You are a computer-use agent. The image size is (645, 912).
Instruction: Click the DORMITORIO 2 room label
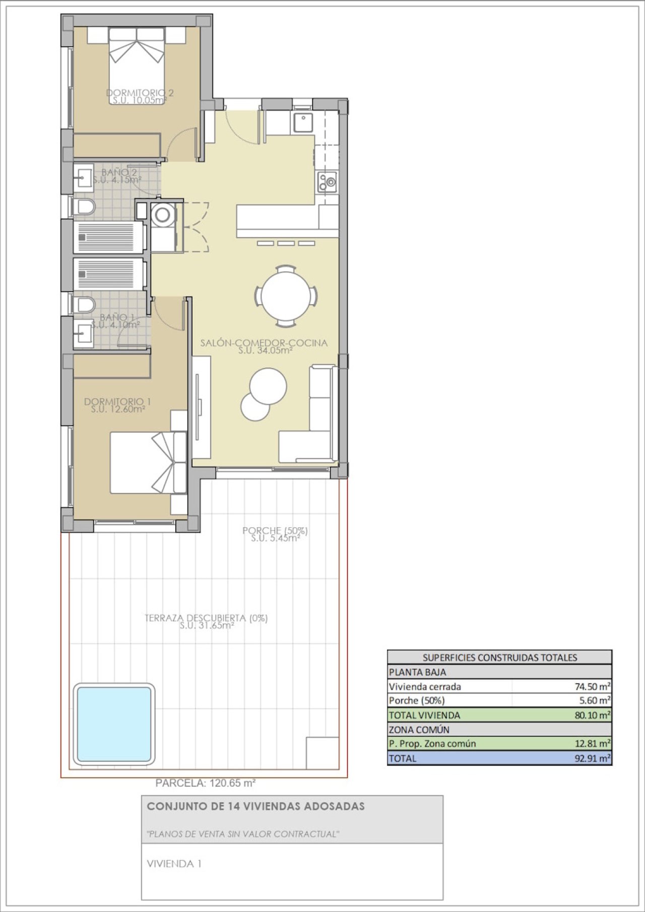coord(140,93)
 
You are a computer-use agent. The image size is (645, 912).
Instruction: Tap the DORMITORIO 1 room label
coord(117,401)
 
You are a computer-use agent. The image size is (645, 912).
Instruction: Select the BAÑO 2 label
coord(115,172)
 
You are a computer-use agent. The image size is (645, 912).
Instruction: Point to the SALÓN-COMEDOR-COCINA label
coord(264,342)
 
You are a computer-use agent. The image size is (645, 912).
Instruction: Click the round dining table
coord(286,296)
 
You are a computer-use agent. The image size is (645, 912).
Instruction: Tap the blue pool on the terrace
coord(114,724)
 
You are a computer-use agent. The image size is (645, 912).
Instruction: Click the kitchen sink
coord(302,123)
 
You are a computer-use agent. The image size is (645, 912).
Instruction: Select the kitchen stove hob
coord(327,182)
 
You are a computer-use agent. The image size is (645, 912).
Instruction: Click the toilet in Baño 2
coord(84,206)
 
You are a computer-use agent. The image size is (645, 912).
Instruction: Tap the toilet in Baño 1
coord(84,305)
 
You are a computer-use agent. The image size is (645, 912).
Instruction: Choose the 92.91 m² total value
coord(593,758)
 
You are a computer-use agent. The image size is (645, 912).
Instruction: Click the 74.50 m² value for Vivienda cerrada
coord(593,686)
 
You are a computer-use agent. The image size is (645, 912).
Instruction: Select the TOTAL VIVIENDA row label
coord(424,715)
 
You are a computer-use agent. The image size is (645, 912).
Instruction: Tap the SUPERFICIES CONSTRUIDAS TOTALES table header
coord(500,657)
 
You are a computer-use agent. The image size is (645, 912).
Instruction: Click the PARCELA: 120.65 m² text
coord(206,783)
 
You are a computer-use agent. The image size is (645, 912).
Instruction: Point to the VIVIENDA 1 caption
coord(174,864)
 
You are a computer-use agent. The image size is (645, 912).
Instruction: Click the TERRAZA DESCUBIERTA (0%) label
coord(206,618)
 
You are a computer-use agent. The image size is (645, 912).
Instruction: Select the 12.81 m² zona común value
coord(593,743)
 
